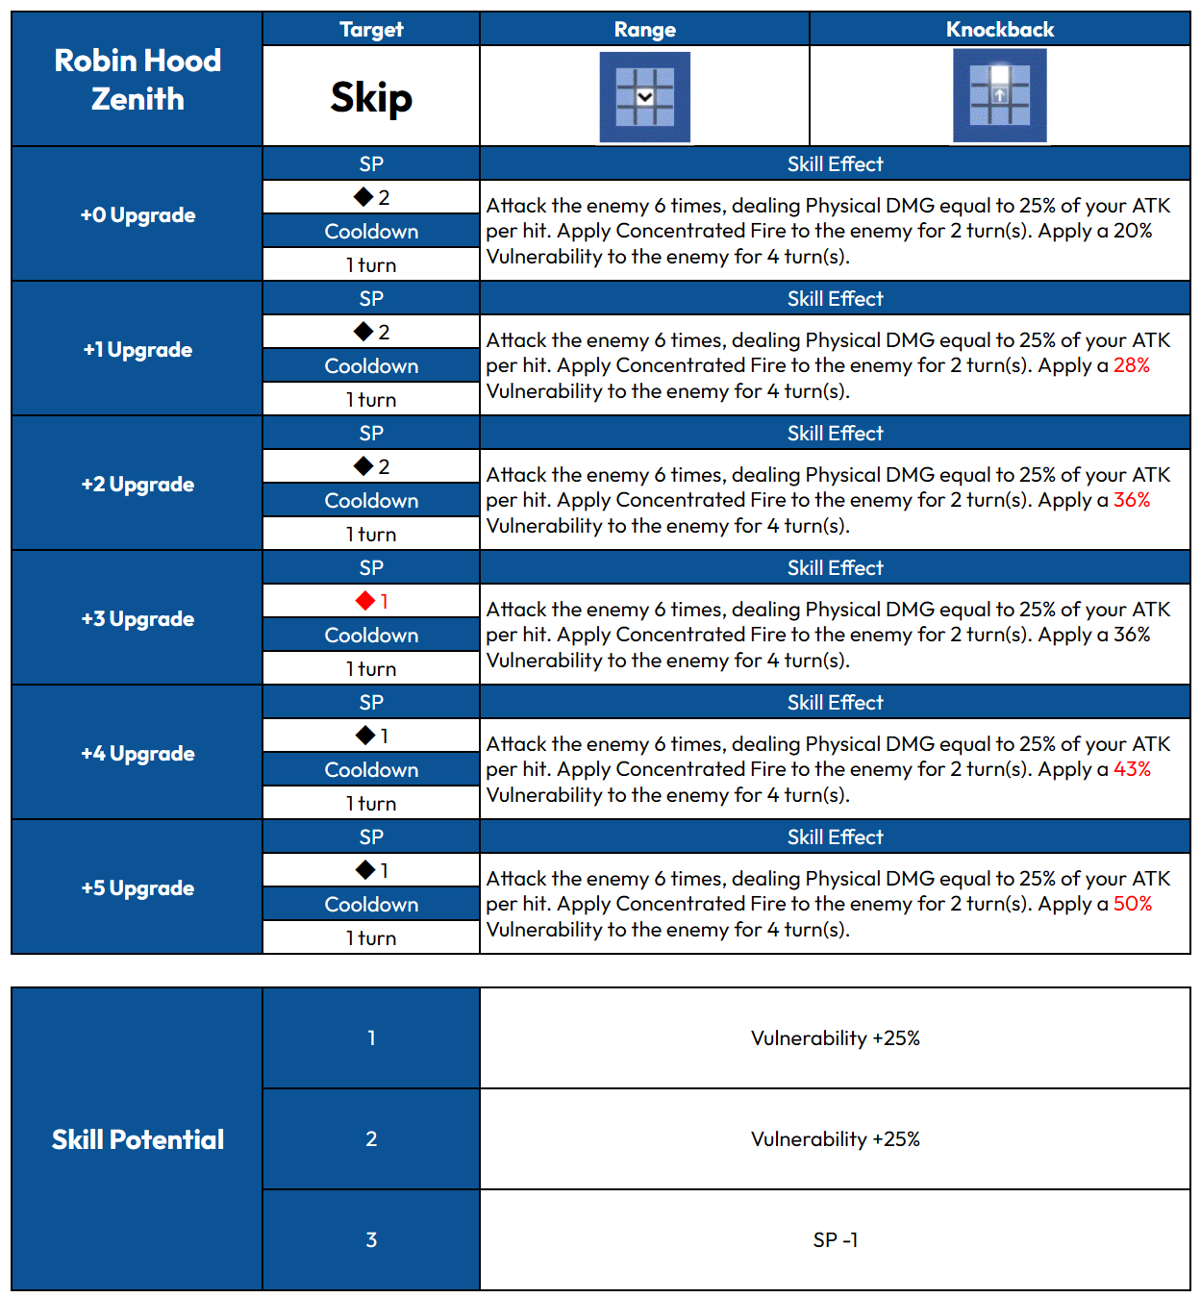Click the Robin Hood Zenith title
(x=138, y=80)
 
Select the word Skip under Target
(x=371, y=97)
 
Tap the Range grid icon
(x=644, y=97)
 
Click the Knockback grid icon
(x=999, y=96)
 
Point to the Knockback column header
(x=999, y=30)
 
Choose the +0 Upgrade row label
(x=138, y=215)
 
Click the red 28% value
(x=1131, y=365)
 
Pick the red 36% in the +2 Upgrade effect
(x=1131, y=500)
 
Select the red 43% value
(x=1132, y=769)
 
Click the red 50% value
(x=1132, y=904)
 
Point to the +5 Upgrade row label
(x=138, y=888)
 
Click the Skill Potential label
(x=138, y=1139)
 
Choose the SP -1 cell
(x=835, y=1240)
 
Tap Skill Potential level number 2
(x=371, y=1139)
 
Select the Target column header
(x=371, y=30)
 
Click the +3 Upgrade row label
(x=138, y=619)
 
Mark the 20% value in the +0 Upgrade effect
(x=1132, y=231)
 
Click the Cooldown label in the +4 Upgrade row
(x=371, y=770)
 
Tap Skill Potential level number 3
(x=371, y=1240)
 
